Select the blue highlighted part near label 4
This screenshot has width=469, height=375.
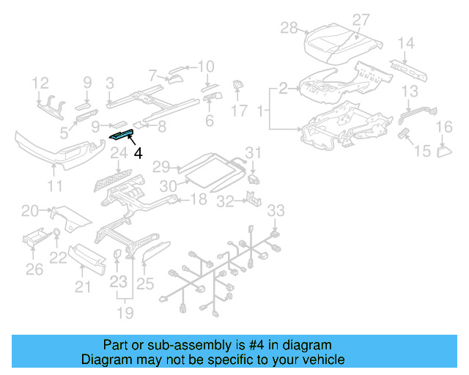121,134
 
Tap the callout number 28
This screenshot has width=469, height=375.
289,28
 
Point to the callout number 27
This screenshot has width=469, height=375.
361,19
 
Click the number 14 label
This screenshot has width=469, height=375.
406,43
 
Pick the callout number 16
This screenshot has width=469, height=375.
445,128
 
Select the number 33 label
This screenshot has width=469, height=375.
275,211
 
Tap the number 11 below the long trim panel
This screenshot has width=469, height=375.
56,186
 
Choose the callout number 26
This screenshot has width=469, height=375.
34,270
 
